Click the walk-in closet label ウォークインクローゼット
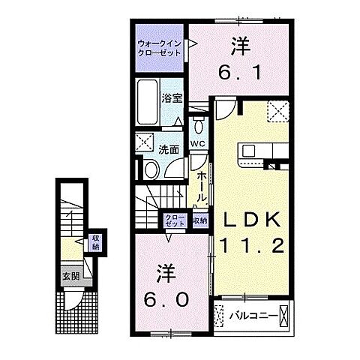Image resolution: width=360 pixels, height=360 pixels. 160,48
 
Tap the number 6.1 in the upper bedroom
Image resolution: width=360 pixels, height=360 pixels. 240,72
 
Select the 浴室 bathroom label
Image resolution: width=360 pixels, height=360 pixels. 172,98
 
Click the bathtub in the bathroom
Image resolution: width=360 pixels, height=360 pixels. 148,102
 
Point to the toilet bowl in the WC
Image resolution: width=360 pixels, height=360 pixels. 199,124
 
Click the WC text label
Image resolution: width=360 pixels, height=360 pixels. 198,144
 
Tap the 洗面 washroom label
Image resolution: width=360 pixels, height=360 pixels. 169,150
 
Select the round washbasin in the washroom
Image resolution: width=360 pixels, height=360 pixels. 151,169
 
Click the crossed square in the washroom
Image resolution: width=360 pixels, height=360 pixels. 144,142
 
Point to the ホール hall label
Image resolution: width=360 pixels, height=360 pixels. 202,187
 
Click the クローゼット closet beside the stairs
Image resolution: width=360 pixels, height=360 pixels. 175,220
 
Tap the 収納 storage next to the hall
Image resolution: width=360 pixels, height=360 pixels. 200,220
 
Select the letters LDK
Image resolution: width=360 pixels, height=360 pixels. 252,220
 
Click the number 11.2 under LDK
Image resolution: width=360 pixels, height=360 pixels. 252,245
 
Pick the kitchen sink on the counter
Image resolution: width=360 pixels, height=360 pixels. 249,151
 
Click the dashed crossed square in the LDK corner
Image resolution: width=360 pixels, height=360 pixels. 278,112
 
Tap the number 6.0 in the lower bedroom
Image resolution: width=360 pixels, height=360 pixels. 166,300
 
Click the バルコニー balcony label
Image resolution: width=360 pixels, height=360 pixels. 253,316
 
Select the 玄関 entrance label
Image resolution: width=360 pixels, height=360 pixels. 71,276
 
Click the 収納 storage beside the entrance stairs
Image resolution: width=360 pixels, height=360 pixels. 95,242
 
